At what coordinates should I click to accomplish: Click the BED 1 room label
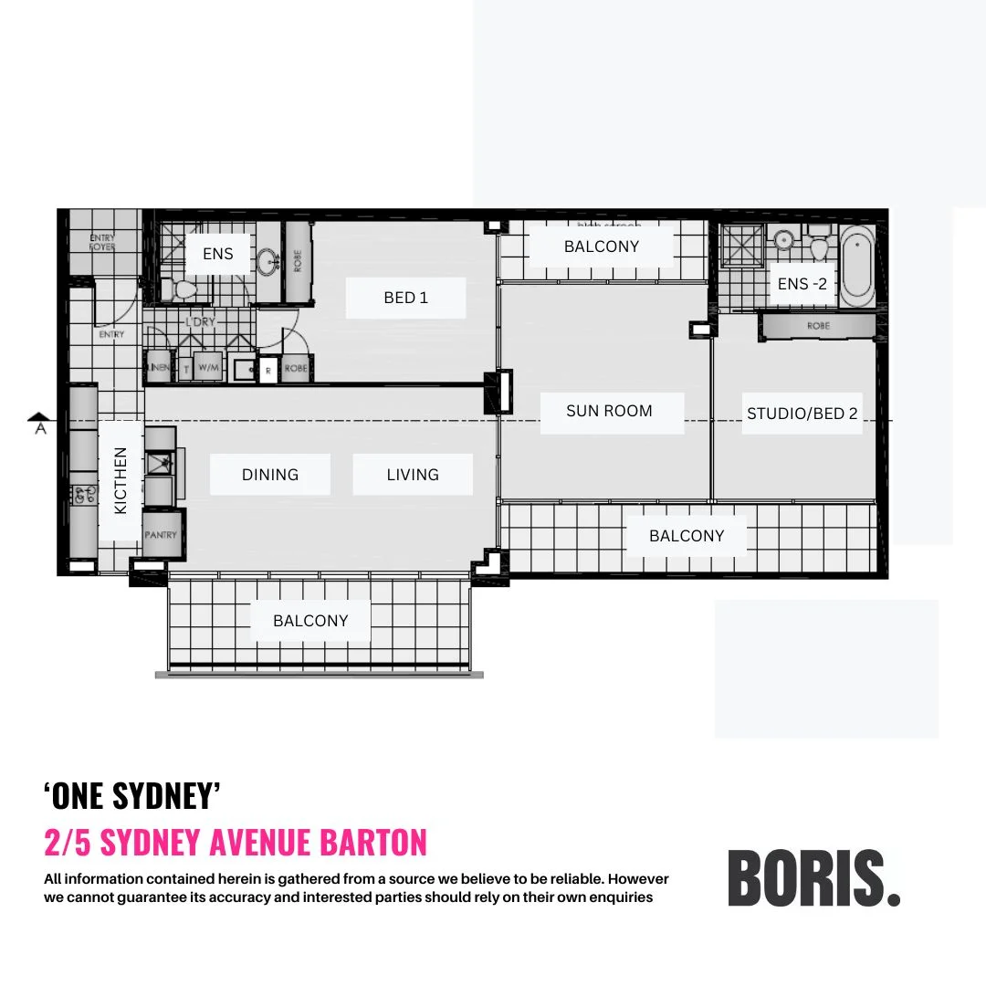tap(405, 298)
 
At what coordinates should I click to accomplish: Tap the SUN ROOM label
tap(609, 411)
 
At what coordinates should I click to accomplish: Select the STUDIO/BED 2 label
tap(802, 414)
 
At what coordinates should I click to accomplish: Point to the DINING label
tap(269, 475)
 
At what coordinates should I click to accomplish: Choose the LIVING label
tap(413, 475)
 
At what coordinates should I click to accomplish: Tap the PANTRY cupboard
tap(162, 535)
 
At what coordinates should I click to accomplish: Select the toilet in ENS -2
tap(819, 245)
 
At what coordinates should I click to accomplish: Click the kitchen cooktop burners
tap(84, 495)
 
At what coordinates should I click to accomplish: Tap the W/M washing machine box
tap(208, 368)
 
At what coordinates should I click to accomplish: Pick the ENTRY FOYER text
tap(102, 242)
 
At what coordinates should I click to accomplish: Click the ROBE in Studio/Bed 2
tap(818, 326)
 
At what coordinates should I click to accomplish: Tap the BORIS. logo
tap(813, 877)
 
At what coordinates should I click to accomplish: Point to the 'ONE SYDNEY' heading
tap(133, 796)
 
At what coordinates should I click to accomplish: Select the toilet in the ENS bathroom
tap(184, 290)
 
